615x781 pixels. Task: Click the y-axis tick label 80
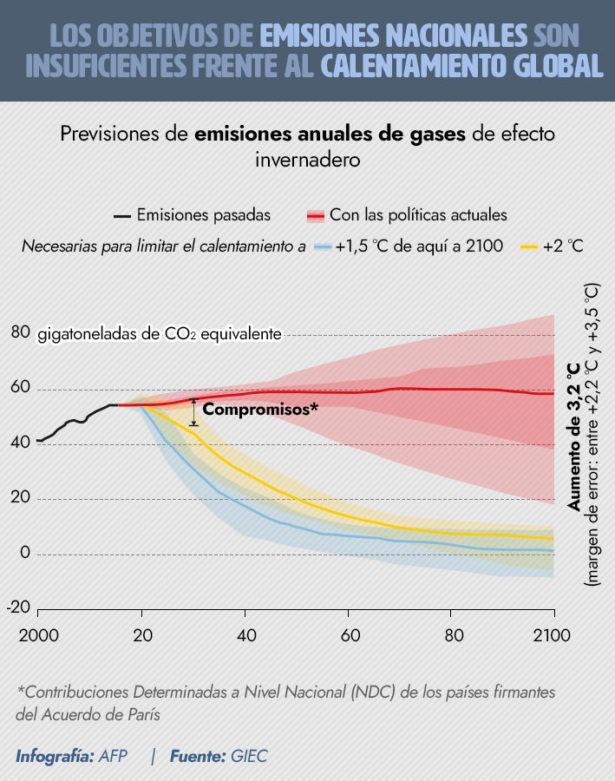[21, 333]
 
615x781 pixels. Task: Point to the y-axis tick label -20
[19, 607]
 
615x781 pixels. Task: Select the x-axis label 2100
[553, 634]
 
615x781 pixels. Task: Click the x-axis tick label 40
[245, 634]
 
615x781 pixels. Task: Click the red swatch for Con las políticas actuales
[316, 215]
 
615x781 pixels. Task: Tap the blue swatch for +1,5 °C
[324, 246]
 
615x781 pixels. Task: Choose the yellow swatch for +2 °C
[529, 246]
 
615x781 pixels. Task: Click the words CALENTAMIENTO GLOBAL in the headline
[461, 66]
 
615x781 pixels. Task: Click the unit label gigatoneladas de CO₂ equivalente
[160, 334]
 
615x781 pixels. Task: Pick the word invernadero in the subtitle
[307, 161]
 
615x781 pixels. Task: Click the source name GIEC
[249, 756]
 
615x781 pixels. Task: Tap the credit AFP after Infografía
[113, 756]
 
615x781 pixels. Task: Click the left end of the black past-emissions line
[36, 441]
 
